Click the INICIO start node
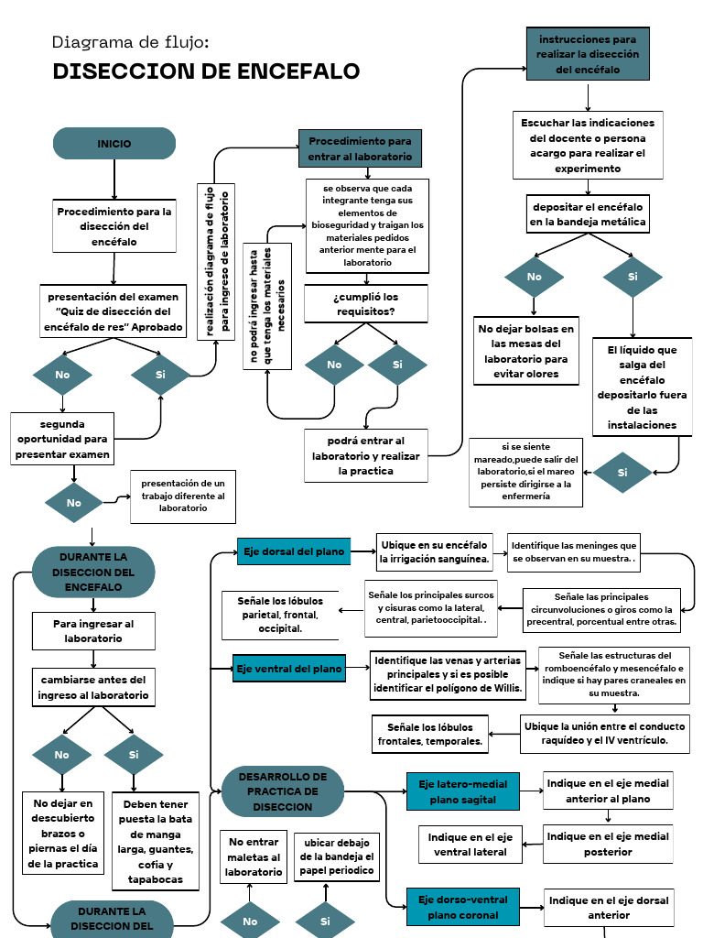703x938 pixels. pos(114,144)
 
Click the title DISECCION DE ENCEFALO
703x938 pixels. pos(206,71)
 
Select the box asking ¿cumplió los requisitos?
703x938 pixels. pos(366,304)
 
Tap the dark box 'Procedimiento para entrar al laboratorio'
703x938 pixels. pos(360,149)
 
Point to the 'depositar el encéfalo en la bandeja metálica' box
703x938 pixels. pos(588,214)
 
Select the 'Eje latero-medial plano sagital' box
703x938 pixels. pos(463,791)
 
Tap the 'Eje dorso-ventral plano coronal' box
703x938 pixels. pos(463,907)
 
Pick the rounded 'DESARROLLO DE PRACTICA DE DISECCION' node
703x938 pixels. pos(283,791)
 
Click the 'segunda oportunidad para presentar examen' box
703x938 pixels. pos(62,439)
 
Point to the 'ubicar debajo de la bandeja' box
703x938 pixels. pos(336,857)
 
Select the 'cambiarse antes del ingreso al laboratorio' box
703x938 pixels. pos(92,688)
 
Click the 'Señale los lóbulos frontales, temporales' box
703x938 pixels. pos(430,733)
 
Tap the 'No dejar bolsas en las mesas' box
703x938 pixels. pos(525,351)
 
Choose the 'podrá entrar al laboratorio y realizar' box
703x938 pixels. pos(366,455)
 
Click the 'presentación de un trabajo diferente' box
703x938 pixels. pos(183,495)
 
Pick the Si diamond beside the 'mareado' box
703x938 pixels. pos(622,473)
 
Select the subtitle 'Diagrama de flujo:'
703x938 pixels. pos(131,42)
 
